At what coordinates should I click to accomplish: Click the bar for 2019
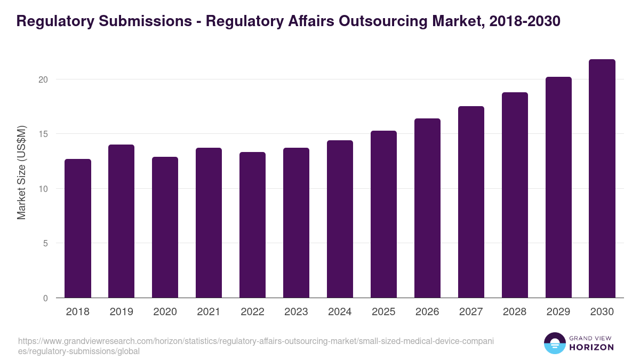(x=121, y=221)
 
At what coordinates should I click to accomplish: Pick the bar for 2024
(x=340, y=219)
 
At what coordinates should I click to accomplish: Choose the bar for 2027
(x=471, y=202)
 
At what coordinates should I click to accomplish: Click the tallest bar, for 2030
(x=602, y=179)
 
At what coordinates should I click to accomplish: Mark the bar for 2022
(x=252, y=225)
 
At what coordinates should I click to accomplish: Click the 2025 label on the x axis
(x=383, y=312)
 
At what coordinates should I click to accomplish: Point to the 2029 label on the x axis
(x=558, y=312)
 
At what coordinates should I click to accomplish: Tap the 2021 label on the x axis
(x=209, y=312)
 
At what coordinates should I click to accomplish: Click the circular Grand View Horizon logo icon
(x=555, y=343)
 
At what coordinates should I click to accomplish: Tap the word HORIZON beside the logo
(x=592, y=347)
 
